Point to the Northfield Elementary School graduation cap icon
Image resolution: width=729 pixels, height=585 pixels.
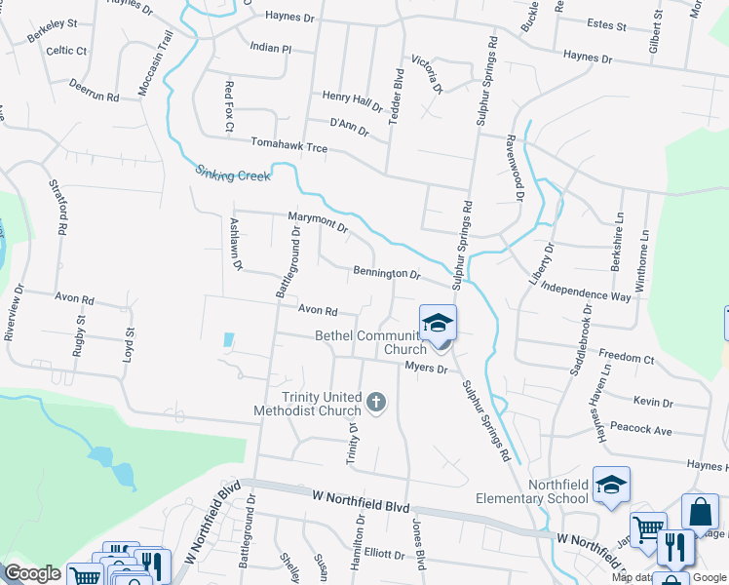click(611, 485)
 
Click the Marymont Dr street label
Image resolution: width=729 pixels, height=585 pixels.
click(318, 223)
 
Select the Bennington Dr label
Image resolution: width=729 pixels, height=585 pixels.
click(387, 273)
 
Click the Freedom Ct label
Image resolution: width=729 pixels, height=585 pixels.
click(627, 358)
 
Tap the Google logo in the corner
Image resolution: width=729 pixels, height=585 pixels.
click(32, 572)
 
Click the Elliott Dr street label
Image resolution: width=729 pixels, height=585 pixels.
click(384, 554)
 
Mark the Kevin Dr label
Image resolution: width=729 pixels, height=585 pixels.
click(653, 402)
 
